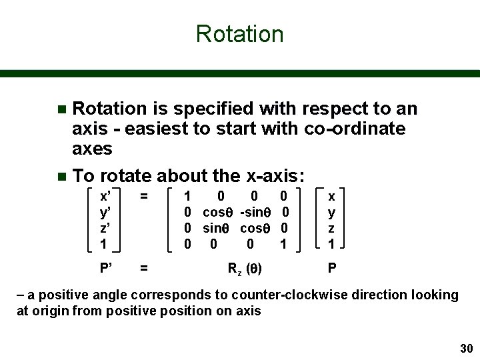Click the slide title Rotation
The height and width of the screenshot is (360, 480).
pos(240,34)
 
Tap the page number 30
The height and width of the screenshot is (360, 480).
pos(465,349)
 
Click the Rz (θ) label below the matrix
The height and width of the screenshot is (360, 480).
pos(245,269)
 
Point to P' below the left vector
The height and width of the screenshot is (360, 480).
pos(105,269)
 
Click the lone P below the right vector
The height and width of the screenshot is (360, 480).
pos(332,269)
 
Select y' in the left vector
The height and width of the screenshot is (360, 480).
pos(105,212)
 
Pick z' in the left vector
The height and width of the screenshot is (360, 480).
pos(105,228)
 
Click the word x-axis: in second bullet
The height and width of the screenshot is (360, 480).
pos(275,176)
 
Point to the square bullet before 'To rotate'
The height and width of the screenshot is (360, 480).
pos(62,177)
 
